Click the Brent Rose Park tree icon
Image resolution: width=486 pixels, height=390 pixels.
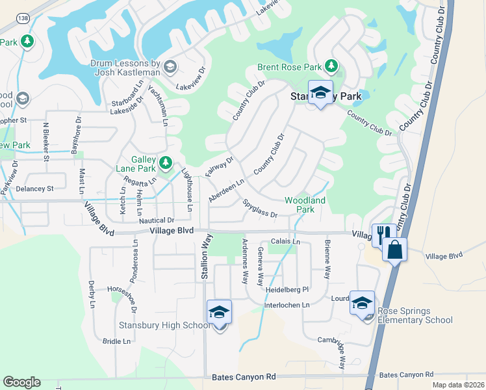coord(331,66)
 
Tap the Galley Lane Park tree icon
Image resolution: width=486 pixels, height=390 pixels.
coord(166,162)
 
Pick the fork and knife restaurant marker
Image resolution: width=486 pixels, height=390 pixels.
coord(383,234)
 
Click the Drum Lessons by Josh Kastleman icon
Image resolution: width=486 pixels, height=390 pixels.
coord(170,66)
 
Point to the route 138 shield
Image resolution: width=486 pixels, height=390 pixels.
coord(22,18)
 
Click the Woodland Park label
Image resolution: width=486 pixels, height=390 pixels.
coord(305,205)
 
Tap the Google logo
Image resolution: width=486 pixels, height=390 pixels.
coord(21,382)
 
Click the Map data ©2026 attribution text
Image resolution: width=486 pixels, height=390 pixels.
coord(459,385)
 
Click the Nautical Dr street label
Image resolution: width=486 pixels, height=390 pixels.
coord(156,221)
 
